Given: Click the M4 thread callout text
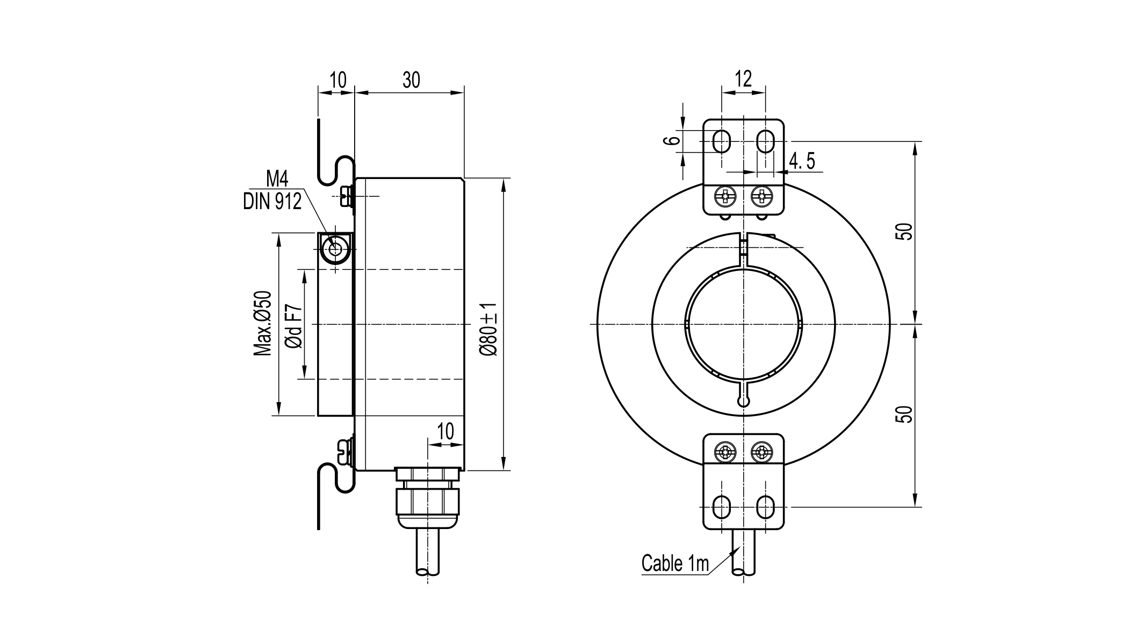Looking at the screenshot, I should click(277, 178).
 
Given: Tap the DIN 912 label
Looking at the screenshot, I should click(272, 202).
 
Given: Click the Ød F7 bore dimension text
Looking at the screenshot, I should click(293, 327).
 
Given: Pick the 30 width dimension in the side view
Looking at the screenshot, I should click(411, 80).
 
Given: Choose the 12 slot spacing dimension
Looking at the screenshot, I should click(743, 79).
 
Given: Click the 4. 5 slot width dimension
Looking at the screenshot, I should click(802, 161).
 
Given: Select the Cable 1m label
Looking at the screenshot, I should click(675, 563).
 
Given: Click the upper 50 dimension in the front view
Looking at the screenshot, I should click(906, 232).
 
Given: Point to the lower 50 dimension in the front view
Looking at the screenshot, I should click(906, 415).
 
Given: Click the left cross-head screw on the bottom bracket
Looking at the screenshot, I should click(725, 452).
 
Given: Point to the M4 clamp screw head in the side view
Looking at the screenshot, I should click(335, 248).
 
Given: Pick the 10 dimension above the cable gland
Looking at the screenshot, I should click(445, 431).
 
